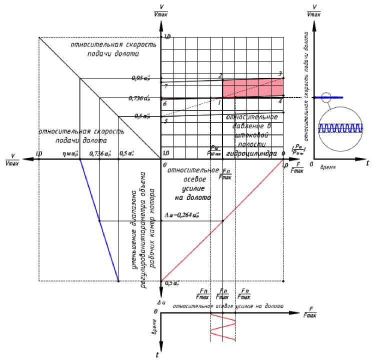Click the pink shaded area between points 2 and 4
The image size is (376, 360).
pyautogui.click(x=252, y=88)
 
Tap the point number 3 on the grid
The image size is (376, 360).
pyautogui.click(x=280, y=74)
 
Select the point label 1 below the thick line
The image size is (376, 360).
pyautogui.click(x=219, y=102)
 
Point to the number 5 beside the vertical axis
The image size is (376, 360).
pyautogui.click(x=165, y=121)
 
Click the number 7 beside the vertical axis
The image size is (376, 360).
pyautogui.click(x=165, y=86)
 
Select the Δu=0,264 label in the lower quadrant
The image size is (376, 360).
pyautogui.click(x=181, y=215)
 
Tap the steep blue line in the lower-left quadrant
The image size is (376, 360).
pyautogui.click(x=99, y=220)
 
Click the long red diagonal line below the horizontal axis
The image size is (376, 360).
pyautogui.click(x=222, y=220)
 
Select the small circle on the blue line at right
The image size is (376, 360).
pyautogui.click(x=326, y=97)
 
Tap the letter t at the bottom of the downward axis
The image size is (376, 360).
pyautogui.click(x=157, y=354)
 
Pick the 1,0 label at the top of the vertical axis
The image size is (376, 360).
pyautogui.click(x=167, y=37)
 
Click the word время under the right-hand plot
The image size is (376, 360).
pyautogui.click(x=327, y=165)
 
